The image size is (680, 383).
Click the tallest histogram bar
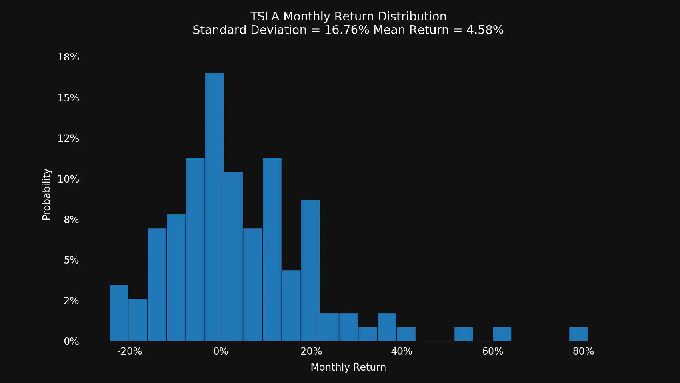click(214, 207)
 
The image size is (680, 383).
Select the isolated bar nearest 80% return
click(578, 334)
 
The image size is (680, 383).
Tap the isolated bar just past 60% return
click(502, 334)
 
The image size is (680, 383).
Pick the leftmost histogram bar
click(119, 313)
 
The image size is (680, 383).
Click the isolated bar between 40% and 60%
click(464, 334)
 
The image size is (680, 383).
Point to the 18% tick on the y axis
click(68, 57)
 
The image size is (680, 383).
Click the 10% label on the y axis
click(68, 179)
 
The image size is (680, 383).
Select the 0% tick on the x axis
click(221, 351)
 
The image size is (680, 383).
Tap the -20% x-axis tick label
click(130, 351)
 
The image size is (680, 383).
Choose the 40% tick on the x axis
click(402, 351)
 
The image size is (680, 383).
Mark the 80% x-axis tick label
click(583, 351)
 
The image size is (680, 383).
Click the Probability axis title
click(47, 194)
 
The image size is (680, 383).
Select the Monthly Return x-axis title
click(348, 367)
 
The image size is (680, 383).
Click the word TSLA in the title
click(265, 16)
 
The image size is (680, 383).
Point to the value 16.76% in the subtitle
click(347, 30)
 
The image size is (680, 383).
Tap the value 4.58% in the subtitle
click(485, 30)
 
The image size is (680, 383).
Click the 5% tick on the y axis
click(71, 260)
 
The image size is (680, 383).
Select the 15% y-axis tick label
click(68, 98)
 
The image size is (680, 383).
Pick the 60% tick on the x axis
click(492, 351)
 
